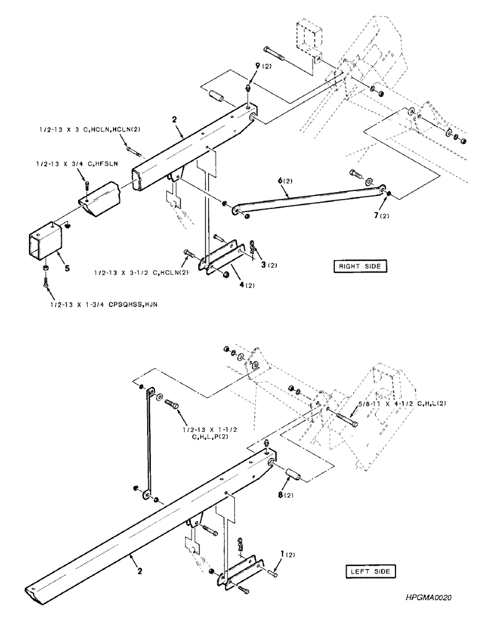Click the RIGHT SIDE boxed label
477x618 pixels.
click(359, 266)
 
